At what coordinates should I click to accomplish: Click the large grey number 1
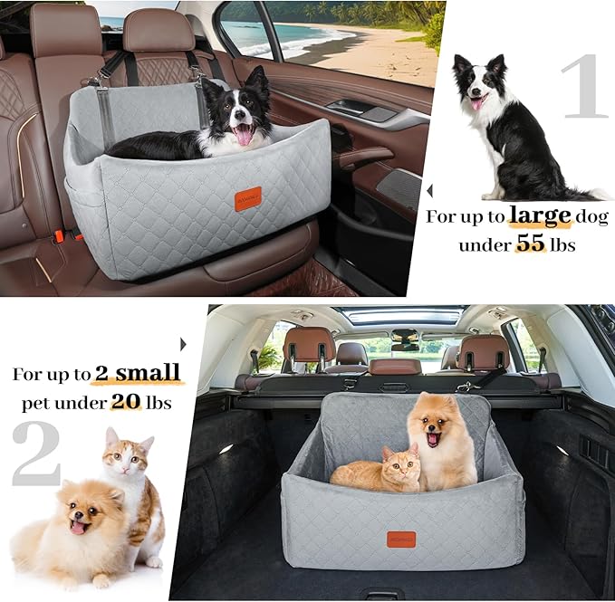(x=583, y=87)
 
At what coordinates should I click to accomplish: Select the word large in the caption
(x=540, y=216)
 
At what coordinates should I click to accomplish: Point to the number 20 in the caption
(x=126, y=402)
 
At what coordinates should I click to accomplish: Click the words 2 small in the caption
(x=136, y=373)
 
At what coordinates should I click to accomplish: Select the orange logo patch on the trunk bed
(x=402, y=538)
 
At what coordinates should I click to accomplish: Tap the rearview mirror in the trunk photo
(x=405, y=345)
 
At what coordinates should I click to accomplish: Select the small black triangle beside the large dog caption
(x=429, y=191)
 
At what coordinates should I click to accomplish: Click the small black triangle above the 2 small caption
(x=183, y=344)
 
